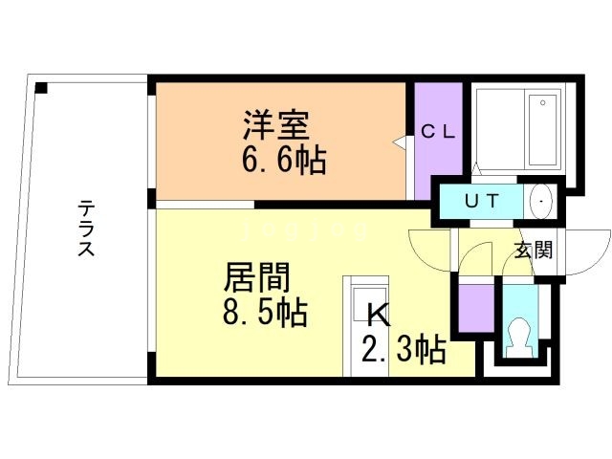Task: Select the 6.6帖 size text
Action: [x=283, y=160]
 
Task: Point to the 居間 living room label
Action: [x=256, y=277]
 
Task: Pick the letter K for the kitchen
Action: [x=377, y=316]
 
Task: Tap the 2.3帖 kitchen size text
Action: [x=403, y=350]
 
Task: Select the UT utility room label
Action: [x=479, y=202]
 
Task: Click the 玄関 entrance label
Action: [x=534, y=251]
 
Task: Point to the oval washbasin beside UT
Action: [x=542, y=202]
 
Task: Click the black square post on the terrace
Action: [x=41, y=89]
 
